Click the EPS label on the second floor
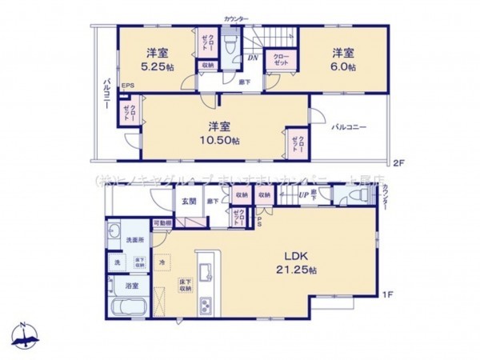[127, 86]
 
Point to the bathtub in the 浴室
[128, 308]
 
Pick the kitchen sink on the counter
[204, 269]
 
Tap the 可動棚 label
[162, 222]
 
